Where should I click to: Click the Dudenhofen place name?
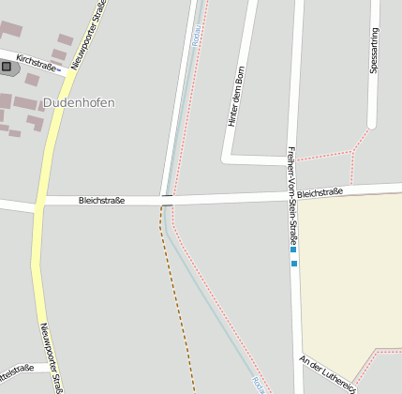click(x=79, y=102)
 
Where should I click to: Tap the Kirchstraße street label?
click(x=36, y=61)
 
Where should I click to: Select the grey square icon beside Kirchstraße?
click(x=7, y=67)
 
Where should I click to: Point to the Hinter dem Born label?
click(x=236, y=98)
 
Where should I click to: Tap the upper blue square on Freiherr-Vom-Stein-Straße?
click(x=293, y=251)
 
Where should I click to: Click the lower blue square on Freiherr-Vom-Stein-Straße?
click(x=294, y=264)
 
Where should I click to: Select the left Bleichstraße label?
click(x=101, y=200)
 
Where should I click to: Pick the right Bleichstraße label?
click(x=320, y=192)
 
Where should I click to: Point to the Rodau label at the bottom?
click(x=258, y=384)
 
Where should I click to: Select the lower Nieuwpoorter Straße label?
click(x=52, y=356)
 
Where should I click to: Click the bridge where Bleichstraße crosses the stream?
click(x=167, y=200)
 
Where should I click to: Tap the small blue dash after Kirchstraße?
click(x=59, y=69)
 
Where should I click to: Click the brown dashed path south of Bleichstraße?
click(x=179, y=300)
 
